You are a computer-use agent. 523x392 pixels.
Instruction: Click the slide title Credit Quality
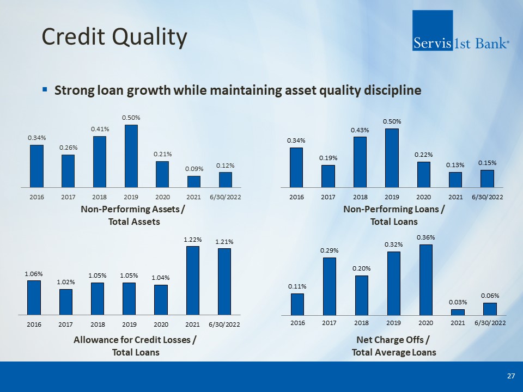point(114,37)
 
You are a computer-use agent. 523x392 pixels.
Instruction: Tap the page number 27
point(510,376)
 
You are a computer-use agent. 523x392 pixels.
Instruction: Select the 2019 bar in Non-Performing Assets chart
point(131,156)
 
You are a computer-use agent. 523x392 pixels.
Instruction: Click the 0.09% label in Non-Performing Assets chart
point(194,169)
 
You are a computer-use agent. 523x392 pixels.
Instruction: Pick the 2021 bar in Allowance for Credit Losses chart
point(192,280)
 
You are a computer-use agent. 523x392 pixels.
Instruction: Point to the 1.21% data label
point(224,241)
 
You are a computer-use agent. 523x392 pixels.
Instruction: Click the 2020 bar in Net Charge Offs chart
point(426,279)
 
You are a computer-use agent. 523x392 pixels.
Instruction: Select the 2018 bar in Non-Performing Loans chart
point(360,162)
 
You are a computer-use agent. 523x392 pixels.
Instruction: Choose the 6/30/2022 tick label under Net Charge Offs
point(490,323)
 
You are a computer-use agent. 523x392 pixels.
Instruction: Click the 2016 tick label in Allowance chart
point(34,324)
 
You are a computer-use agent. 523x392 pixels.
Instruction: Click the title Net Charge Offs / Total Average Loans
point(394,346)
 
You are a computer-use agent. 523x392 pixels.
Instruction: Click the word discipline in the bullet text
point(393,90)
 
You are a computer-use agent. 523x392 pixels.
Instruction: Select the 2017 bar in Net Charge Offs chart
point(329,286)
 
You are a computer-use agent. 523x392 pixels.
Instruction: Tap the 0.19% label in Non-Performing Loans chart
point(329,158)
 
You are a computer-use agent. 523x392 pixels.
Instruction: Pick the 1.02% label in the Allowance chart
point(66,282)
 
